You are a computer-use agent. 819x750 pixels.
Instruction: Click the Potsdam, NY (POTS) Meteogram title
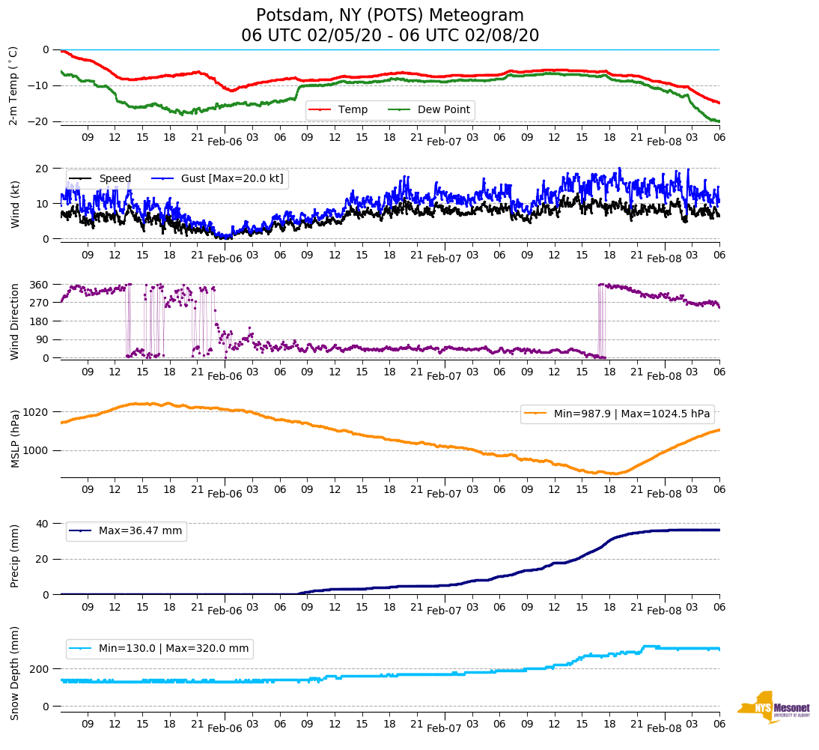tap(390, 16)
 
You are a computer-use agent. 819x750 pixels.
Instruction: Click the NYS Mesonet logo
tap(774, 707)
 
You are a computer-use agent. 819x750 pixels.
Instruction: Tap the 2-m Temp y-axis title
tap(13, 85)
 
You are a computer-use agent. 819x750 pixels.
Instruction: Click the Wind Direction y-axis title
tap(13, 321)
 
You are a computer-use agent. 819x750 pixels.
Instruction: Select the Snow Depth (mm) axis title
tap(13, 672)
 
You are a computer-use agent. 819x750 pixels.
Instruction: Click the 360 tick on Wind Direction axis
tap(40, 285)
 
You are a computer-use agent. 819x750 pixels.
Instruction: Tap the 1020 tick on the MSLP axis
tap(37, 412)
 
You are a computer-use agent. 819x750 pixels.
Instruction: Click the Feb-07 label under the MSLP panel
tap(445, 494)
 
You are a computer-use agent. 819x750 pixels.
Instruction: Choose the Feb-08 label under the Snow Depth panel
tap(665, 728)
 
